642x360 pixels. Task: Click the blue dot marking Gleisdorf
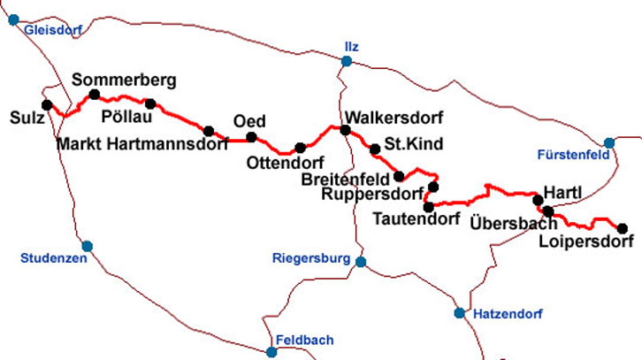[13, 19]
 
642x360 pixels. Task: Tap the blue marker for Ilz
[347, 61]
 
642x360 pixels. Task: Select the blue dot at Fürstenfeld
[608, 142]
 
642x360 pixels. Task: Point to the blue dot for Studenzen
[87, 246]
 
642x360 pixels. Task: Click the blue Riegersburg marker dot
[359, 261]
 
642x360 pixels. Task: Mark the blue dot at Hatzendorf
[459, 312]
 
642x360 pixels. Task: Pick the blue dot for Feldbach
[271, 351]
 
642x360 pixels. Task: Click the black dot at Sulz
[47, 104]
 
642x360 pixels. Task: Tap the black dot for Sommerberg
[93, 94]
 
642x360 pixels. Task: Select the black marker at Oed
[251, 136]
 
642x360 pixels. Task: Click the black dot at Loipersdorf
[622, 228]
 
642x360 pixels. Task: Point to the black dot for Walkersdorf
[345, 130]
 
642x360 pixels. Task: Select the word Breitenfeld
[345, 180]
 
